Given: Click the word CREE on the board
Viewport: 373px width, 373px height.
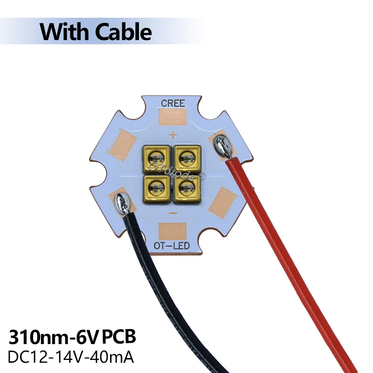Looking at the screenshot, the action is pos(173,104).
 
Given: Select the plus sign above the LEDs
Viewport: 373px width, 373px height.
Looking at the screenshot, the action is pos(173,135).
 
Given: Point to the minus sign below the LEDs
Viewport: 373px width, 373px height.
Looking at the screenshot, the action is pos(173,213).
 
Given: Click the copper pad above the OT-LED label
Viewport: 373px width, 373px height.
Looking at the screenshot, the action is pos(173,231).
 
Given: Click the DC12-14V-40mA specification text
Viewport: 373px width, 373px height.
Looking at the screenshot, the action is pos(71,358).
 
